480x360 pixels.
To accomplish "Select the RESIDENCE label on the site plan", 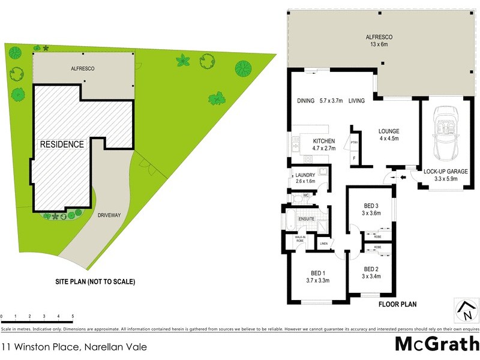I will tap(62, 144).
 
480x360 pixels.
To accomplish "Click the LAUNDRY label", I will tap(305, 175).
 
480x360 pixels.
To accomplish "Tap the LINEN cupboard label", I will tap(324, 244).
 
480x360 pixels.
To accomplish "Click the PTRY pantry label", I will tap(354, 143).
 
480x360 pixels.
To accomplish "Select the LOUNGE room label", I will tap(389, 131).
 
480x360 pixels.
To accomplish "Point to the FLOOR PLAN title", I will tap(397, 304).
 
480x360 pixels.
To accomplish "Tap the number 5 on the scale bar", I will tap(73, 316).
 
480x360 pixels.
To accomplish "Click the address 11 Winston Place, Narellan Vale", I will tap(73, 346).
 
